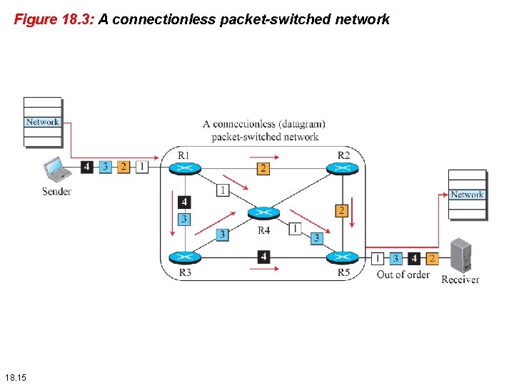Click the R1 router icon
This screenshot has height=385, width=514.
(185, 168)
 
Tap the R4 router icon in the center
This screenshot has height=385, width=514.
(263, 212)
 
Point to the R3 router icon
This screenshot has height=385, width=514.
(185, 257)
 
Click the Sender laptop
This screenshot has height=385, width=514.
(56, 170)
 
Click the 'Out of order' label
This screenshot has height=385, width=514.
(403, 274)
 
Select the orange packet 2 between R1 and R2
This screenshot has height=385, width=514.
(263, 168)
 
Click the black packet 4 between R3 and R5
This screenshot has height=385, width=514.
(263, 257)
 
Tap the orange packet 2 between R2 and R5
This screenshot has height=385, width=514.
(341, 210)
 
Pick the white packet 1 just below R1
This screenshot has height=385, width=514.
(223, 190)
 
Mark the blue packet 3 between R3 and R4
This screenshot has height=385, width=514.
(223, 234)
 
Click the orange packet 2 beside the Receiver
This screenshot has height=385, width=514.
(431, 258)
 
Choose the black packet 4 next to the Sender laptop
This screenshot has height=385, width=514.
(86, 167)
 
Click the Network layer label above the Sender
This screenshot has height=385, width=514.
(43, 122)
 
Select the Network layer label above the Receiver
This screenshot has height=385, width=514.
(467, 195)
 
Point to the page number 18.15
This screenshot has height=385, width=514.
(14, 376)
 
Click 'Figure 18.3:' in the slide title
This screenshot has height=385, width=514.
(54, 20)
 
